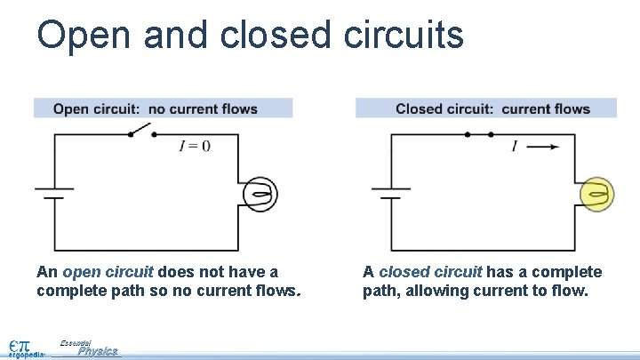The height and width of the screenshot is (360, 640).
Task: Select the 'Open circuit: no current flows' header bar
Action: (163, 108)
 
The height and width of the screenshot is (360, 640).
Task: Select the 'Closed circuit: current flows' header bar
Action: (485, 108)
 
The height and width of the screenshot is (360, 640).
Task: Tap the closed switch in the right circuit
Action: (479, 134)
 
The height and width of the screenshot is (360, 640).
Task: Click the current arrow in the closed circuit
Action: (543, 147)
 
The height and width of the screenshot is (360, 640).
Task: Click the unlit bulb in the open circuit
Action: (260, 194)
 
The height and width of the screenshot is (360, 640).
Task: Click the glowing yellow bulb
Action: (596, 194)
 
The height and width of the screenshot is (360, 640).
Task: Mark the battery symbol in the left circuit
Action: (54, 194)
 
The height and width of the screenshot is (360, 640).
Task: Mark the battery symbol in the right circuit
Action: (390, 194)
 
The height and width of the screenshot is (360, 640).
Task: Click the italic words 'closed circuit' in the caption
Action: (429, 272)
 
